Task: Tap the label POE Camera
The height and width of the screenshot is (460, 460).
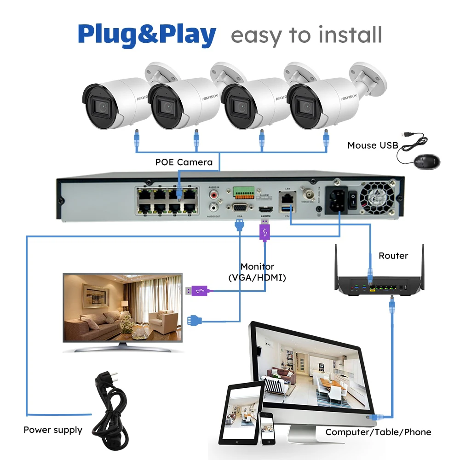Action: (x=184, y=162)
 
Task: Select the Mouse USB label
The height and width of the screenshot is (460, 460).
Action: (x=373, y=145)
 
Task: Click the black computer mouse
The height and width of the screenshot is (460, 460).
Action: (x=426, y=161)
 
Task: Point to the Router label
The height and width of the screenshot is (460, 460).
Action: (x=393, y=256)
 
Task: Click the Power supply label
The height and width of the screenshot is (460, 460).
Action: (x=53, y=430)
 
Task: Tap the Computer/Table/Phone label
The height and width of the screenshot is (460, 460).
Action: (x=378, y=432)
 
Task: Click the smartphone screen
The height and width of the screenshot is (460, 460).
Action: (x=265, y=427)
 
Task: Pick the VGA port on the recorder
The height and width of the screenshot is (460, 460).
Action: (x=239, y=208)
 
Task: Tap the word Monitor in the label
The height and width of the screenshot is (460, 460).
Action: (x=257, y=267)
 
